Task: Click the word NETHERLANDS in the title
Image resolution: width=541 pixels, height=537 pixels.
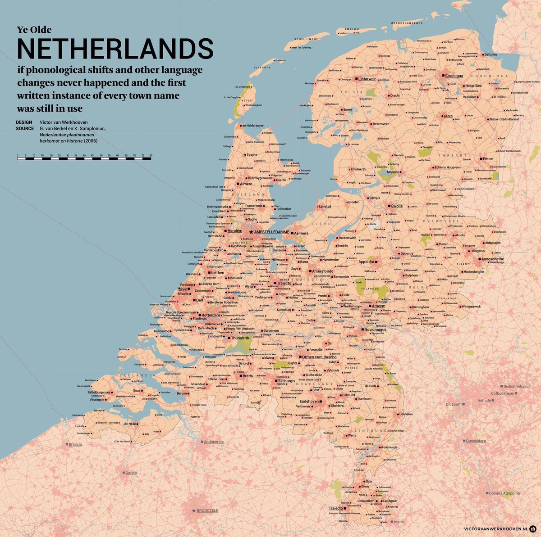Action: tap(115, 49)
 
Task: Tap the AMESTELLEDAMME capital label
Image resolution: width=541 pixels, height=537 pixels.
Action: tap(272, 232)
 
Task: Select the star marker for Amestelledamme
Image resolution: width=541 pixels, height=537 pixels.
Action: tap(251, 232)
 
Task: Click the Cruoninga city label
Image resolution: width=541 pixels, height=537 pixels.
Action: tap(454, 76)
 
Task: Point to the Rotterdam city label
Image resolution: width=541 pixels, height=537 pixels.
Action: tap(210, 316)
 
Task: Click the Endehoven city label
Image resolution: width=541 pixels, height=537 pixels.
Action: tap(309, 401)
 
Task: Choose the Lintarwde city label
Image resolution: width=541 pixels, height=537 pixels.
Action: tap(367, 79)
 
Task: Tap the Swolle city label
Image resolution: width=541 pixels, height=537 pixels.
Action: tap(397, 206)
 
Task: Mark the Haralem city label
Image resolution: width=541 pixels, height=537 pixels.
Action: tap(235, 230)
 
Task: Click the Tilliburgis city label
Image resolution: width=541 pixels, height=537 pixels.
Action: tap(286, 381)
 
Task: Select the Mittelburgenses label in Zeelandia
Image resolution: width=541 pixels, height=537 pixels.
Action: tap(99, 393)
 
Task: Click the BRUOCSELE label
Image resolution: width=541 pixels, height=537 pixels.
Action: tap(207, 510)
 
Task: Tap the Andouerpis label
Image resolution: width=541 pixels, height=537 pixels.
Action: tap(214, 442)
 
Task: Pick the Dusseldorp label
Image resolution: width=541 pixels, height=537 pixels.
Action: tap(476, 441)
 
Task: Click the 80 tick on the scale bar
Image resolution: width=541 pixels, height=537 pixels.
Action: tap(151, 155)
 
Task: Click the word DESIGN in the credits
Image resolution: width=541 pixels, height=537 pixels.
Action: tap(24, 122)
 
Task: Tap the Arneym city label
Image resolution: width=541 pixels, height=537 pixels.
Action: tap(378, 306)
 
